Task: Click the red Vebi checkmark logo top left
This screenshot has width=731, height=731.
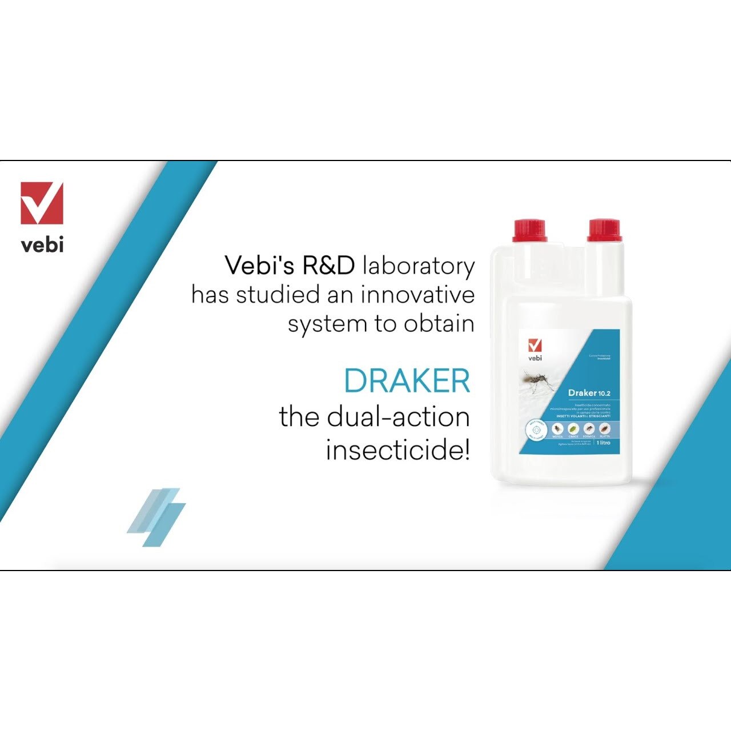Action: (x=42, y=203)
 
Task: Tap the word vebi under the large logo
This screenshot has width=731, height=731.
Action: (x=42, y=244)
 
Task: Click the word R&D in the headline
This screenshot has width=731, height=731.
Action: (x=328, y=266)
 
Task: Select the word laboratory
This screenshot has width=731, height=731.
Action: (x=419, y=267)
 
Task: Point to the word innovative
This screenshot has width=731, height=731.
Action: (x=417, y=295)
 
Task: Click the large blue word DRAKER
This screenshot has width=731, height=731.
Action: (x=407, y=381)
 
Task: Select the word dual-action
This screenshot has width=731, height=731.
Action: (x=399, y=416)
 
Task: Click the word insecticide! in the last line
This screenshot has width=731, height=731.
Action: (x=398, y=450)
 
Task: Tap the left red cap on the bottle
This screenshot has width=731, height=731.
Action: (x=530, y=230)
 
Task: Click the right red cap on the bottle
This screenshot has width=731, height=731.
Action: (x=604, y=230)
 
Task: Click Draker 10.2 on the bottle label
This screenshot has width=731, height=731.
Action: (x=589, y=393)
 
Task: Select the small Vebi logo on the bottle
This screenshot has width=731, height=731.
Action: (x=535, y=350)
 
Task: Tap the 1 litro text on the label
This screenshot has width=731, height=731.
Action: (x=604, y=443)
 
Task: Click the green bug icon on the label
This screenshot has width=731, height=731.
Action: (x=573, y=428)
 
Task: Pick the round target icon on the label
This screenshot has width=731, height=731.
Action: (x=536, y=428)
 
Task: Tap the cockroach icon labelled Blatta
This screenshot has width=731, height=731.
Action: (x=605, y=428)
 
